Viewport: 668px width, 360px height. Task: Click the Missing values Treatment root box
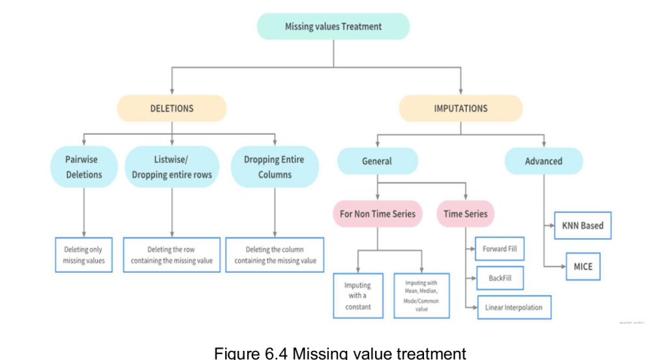pyautogui.click(x=333, y=27)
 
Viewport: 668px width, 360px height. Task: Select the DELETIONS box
pyautogui.click(x=172, y=108)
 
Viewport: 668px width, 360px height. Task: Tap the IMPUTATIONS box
pyautogui.click(x=461, y=108)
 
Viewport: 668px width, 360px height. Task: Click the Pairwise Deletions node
pyautogui.click(x=83, y=167)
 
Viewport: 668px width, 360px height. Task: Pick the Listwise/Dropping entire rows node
pyautogui.click(x=172, y=167)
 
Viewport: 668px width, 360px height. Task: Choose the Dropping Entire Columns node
pyautogui.click(x=275, y=167)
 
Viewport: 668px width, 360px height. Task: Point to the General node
pyautogui.click(x=377, y=161)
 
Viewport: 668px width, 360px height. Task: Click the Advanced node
pyautogui.click(x=543, y=161)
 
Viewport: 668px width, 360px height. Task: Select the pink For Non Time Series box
pyautogui.click(x=378, y=214)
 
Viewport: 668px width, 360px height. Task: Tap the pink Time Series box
pyautogui.click(x=465, y=214)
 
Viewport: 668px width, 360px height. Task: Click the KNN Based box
pyautogui.click(x=583, y=226)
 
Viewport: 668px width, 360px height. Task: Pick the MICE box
pyautogui.click(x=583, y=267)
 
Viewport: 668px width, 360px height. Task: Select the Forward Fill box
pyautogui.click(x=500, y=249)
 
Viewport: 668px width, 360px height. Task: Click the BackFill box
pyautogui.click(x=500, y=278)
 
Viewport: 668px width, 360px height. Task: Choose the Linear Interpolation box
pyautogui.click(x=513, y=307)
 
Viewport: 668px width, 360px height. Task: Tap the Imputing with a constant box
pyautogui.click(x=357, y=295)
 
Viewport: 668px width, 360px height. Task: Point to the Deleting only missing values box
pyautogui.click(x=83, y=255)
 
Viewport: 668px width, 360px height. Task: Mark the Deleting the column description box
pyautogui.click(x=275, y=255)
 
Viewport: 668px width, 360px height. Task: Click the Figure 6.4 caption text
pyautogui.click(x=340, y=353)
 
